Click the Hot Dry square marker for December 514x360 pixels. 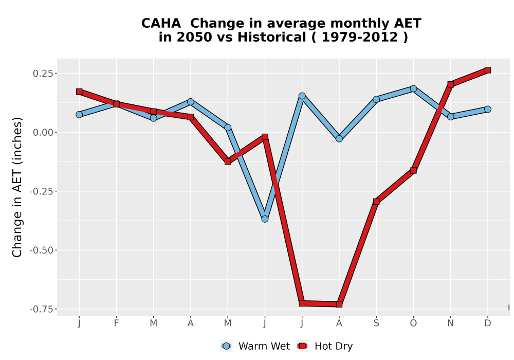click(x=487, y=70)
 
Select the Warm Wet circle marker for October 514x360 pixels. click(x=413, y=88)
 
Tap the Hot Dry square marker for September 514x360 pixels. click(x=376, y=201)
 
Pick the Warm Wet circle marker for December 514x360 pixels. click(x=487, y=109)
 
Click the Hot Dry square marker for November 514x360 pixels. click(x=450, y=84)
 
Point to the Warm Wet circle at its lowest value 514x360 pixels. click(x=265, y=219)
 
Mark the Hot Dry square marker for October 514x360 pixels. click(x=413, y=171)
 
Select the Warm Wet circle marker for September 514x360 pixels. click(x=376, y=99)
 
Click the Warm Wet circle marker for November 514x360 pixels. click(x=450, y=116)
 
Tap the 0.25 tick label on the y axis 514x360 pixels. click(x=43, y=73)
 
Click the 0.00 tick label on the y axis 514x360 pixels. click(x=43, y=132)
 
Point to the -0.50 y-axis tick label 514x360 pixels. click(x=41, y=250)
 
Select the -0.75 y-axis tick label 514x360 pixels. click(x=41, y=309)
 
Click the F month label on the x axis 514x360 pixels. click(x=116, y=323)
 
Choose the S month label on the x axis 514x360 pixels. click(x=376, y=323)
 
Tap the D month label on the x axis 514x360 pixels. click(x=487, y=323)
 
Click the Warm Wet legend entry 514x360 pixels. click(x=255, y=346)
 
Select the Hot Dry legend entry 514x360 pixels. click(x=325, y=346)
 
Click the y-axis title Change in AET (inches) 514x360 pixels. click(x=17, y=187)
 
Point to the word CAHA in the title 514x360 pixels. click(x=161, y=23)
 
